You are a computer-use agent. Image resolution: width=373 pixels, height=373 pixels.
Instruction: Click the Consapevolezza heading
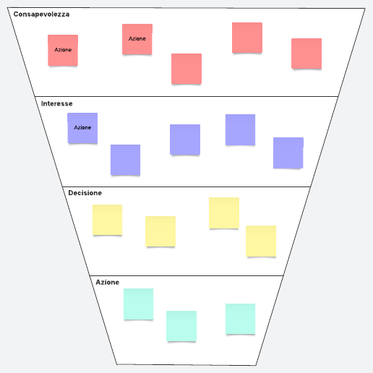[41, 14]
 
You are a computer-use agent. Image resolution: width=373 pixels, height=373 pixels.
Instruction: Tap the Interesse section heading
[57, 103]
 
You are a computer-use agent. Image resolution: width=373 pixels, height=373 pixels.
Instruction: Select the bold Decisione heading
[85, 193]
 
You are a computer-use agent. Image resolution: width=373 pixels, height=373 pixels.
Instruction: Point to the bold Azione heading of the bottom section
[108, 282]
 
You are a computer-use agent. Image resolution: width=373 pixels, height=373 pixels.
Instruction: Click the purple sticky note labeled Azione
[82, 128]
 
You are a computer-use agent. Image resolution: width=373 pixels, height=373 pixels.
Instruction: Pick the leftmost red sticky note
[63, 50]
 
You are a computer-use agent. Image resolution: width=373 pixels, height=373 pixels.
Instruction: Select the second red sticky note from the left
[137, 39]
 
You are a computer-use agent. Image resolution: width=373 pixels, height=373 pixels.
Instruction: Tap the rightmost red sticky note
[306, 53]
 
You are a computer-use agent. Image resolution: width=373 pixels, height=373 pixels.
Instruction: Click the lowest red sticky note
[186, 69]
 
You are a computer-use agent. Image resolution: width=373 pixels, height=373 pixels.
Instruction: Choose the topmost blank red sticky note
[247, 38]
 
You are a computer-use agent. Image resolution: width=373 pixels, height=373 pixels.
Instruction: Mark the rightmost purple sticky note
[288, 153]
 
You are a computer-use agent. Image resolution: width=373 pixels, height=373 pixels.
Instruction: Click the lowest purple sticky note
[125, 160]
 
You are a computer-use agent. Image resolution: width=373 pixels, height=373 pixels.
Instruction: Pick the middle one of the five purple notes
[185, 140]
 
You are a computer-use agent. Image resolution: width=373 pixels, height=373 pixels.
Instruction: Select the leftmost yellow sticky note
[108, 220]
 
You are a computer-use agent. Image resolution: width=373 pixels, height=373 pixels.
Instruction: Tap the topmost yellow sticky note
[224, 213]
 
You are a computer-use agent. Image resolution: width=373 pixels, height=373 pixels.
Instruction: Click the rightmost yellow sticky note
[261, 241]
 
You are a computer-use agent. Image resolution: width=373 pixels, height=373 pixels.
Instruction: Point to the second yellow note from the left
[160, 231]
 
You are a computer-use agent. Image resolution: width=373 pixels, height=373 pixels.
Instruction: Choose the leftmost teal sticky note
[138, 304]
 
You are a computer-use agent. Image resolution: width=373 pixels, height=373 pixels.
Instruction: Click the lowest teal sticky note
[181, 326]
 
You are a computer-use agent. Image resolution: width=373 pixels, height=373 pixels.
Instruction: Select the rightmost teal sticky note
[240, 319]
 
